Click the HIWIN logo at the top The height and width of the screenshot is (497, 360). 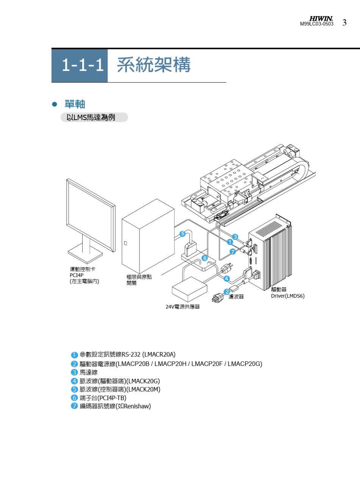pyautogui.click(x=321, y=19)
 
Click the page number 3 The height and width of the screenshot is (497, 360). pyautogui.click(x=344, y=23)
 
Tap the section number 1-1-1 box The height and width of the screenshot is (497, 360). pyautogui.click(x=80, y=66)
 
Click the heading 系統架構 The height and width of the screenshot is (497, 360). pyautogui.click(x=154, y=65)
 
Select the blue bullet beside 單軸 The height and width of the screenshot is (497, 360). pyautogui.click(x=55, y=104)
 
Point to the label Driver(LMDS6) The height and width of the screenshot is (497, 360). pyautogui.click(x=288, y=296)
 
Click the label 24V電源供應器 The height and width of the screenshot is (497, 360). pyautogui.click(x=182, y=306)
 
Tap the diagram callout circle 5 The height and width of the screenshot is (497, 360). pyautogui.click(x=182, y=234)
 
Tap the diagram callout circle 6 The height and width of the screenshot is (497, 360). pyautogui.click(x=205, y=258)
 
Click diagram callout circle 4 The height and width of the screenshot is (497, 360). pyautogui.click(x=227, y=279)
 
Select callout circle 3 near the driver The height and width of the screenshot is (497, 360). pyautogui.click(x=235, y=237)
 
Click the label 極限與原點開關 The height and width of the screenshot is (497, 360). pyautogui.click(x=139, y=280)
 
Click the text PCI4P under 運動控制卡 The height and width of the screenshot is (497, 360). pyautogui.click(x=76, y=275)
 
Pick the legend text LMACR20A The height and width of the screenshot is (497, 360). pyautogui.click(x=160, y=355)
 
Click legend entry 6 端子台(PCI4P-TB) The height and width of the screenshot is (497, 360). pyautogui.click(x=103, y=398)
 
